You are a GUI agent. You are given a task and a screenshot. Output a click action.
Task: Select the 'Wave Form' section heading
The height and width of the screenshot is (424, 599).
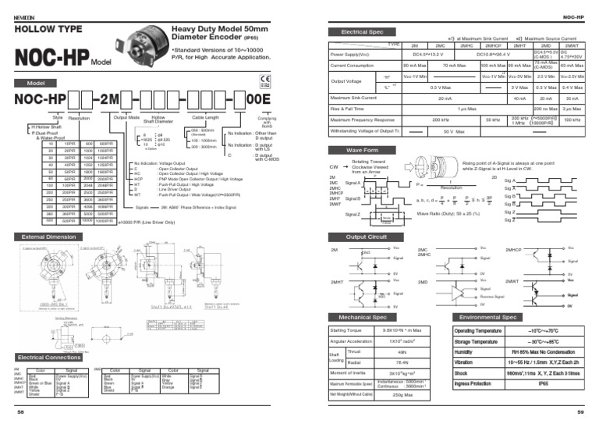363,149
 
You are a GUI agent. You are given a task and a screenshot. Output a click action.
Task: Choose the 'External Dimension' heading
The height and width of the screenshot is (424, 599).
49,237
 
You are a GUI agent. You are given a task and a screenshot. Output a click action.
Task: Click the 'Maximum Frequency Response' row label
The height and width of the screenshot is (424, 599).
363,120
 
